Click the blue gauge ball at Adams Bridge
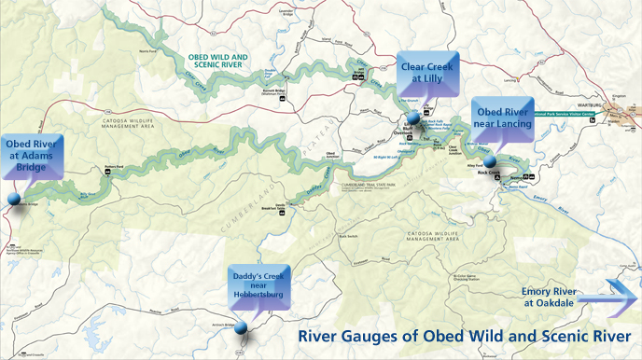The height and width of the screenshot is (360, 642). pyautogui.click(x=14, y=199)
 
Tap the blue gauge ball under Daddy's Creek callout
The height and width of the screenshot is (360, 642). pyautogui.click(x=241, y=327)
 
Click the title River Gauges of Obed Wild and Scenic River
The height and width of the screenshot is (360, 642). pyautogui.click(x=463, y=336)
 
